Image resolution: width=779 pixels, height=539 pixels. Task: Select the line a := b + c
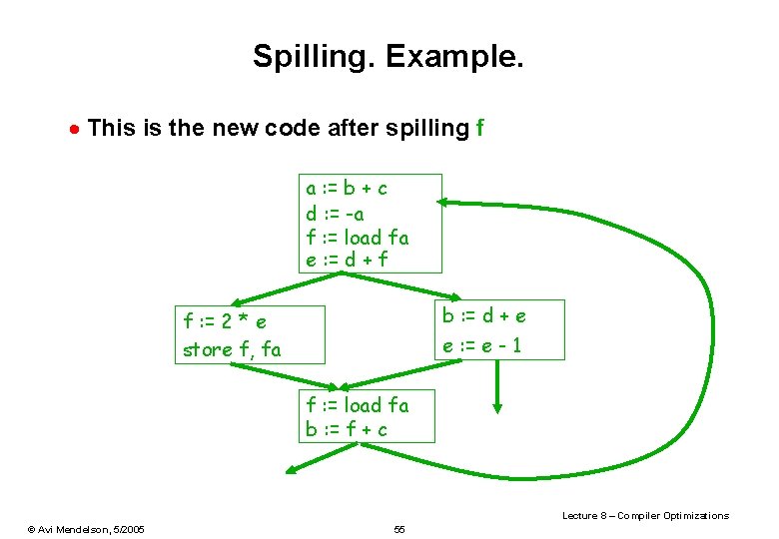point(347,188)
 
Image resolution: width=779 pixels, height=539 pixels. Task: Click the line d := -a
point(336,213)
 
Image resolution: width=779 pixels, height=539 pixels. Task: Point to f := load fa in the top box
point(358,238)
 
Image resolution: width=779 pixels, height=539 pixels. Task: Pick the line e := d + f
point(347,261)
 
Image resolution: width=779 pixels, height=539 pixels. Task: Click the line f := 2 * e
point(225,322)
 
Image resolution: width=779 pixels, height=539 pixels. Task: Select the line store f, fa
point(232,349)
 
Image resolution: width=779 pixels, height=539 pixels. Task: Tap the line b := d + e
point(484,316)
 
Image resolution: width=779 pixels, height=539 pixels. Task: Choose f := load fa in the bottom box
point(358,405)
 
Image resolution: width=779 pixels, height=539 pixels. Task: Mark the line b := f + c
point(347,430)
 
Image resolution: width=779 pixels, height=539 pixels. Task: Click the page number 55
point(399,528)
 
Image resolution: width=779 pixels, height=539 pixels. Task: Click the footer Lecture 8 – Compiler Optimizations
point(645,515)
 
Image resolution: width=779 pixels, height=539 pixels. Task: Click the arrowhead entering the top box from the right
point(444,203)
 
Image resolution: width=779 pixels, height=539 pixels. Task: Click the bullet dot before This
point(73,129)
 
